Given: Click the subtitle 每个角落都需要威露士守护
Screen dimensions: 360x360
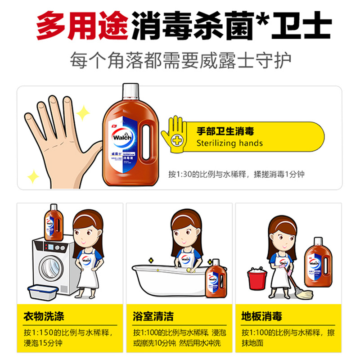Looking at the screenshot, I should [180, 59].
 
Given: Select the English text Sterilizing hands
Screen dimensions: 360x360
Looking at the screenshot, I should [229, 144].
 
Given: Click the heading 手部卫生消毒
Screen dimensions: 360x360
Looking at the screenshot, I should [225, 131].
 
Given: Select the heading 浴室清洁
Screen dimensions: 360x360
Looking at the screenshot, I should [153, 316].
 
